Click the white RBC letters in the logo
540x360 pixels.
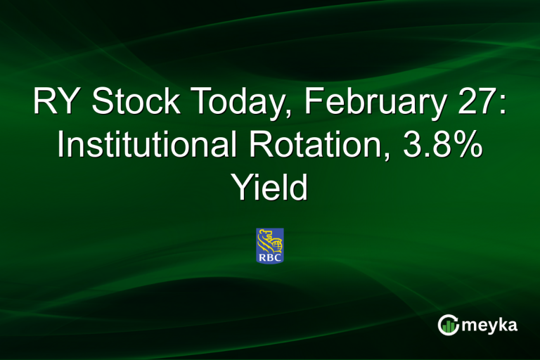(269, 257)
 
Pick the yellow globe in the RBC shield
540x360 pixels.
(277, 243)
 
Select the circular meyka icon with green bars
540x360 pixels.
(449, 325)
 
